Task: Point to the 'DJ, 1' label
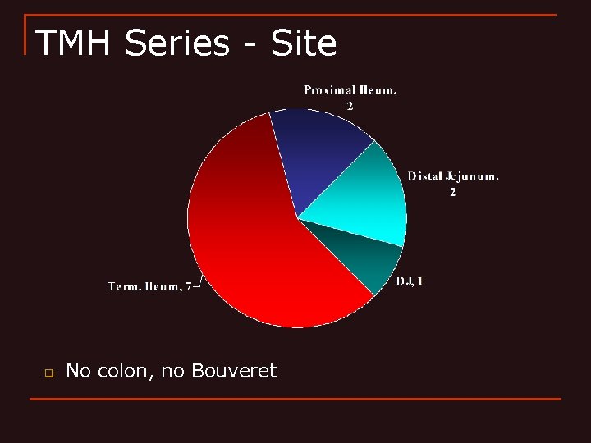coord(410,281)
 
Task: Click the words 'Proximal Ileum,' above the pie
coord(350,90)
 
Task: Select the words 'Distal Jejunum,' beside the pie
coord(453,176)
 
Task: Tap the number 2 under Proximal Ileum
coord(350,106)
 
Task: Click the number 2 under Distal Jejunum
coord(452,192)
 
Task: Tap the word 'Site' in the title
coord(304,43)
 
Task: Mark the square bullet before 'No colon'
coord(48,372)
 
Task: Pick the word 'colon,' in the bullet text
coord(126,371)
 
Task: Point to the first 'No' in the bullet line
coord(78,371)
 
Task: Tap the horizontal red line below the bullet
coord(295,400)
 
